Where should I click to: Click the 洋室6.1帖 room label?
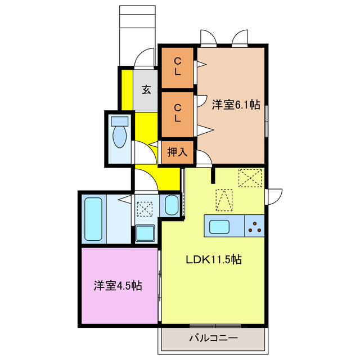coord(236,105)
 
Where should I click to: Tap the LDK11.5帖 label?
coord(214,260)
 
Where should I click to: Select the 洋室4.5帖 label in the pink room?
coord(118,286)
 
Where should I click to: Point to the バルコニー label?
coord(213,338)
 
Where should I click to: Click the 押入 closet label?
coord(177,152)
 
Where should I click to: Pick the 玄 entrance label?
coord(146,89)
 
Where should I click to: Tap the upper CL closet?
coord(177,67)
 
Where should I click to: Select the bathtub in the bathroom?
coord(92,219)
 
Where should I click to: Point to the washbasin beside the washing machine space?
coord(172,206)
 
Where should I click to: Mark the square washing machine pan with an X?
coord(145,208)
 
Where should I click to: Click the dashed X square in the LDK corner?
coord(250,179)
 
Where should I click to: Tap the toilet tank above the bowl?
coord(120,121)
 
